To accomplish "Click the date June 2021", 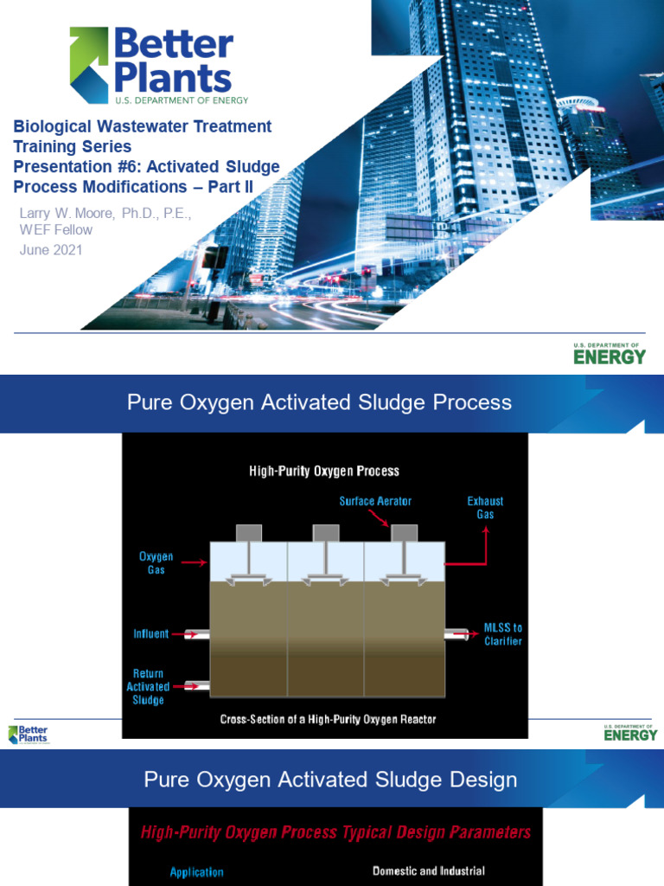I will coord(51,250).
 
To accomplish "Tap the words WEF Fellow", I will coord(56,230).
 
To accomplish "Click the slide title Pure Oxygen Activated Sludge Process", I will coord(319,402).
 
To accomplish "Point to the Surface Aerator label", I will coord(375,501).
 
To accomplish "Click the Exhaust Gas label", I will coord(484,508).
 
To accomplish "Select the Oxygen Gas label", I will coord(156,563).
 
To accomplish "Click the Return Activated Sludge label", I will coord(148,686).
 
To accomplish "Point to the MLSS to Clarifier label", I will coord(502,634).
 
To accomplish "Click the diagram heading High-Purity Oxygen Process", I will coord(324,472).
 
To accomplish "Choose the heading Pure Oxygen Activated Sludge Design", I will coord(330,780).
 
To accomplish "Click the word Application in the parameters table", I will coord(196,872).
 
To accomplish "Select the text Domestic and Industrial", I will coord(428,871).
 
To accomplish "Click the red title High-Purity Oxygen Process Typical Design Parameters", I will coord(335,832).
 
